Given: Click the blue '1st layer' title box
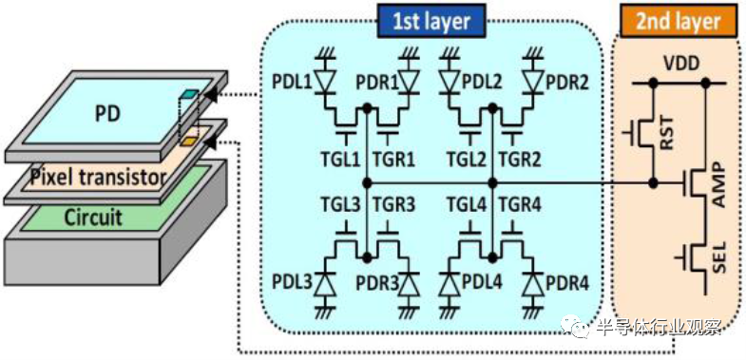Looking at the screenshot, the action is point(431,21).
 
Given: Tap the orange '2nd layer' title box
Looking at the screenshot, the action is point(679,22).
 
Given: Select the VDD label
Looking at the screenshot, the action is point(678,65).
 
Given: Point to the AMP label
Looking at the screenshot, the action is point(718,183).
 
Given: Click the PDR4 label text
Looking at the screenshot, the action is point(567,284).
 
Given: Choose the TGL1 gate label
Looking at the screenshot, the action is point(345,161).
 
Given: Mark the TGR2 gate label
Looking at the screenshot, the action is point(519,161).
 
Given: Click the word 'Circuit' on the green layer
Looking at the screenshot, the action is point(93,217).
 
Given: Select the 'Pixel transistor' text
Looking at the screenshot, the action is point(98,178).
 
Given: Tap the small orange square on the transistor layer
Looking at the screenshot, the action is point(188,141).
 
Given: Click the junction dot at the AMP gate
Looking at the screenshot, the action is point(654,182).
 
